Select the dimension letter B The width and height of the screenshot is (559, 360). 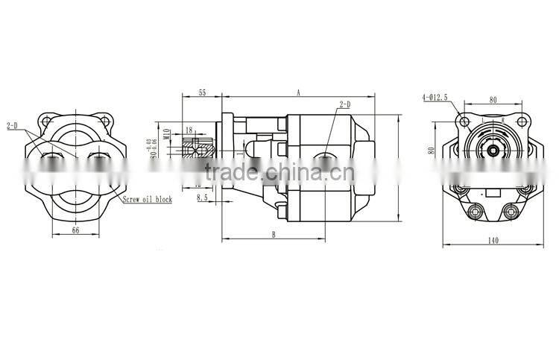point(274,234)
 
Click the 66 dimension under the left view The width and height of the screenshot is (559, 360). point(75,232)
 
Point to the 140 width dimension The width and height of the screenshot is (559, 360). point(493,240)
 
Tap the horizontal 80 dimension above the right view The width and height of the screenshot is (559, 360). point(493,99)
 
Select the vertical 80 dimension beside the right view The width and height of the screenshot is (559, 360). point(431,150)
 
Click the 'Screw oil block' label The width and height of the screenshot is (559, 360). point(148,200)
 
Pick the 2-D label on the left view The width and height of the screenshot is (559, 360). point(13,126)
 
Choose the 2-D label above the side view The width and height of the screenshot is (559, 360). point(344,105)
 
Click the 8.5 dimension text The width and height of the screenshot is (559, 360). point(203,198)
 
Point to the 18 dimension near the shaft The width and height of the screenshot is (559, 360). point(189,130)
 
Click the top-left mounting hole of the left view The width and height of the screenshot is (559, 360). point(47,121)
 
